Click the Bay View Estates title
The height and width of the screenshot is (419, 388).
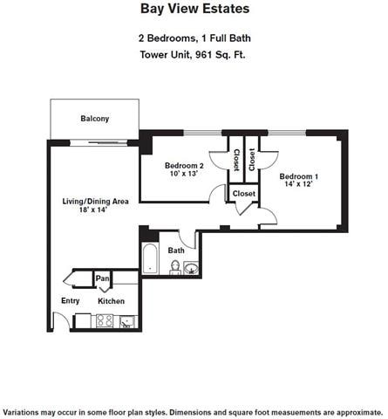point(194,9)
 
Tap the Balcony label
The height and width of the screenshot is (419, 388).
point(94,119)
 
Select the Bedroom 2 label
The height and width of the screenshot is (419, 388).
point(184,166)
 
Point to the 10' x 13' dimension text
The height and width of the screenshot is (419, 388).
point(184,175)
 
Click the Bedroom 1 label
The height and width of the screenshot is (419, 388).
point(298,177)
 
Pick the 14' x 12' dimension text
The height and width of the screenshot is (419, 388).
point(298,186)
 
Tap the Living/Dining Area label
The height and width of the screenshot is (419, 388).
point(95,202)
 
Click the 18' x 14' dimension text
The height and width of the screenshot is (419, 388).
point(95,211)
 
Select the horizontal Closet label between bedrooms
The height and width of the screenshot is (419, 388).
point(243,194)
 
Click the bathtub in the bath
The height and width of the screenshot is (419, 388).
point(149,259)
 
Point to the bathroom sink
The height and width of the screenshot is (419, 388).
point(191,267)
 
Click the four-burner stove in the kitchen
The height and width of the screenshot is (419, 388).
point(106,320)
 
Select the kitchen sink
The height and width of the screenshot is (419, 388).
point(128,321)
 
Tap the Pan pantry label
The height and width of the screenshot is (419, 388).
point(103,279)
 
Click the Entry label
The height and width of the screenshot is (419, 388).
point(70,301)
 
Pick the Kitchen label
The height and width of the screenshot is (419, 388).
point(112,301)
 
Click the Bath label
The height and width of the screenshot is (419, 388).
point(176,251)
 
